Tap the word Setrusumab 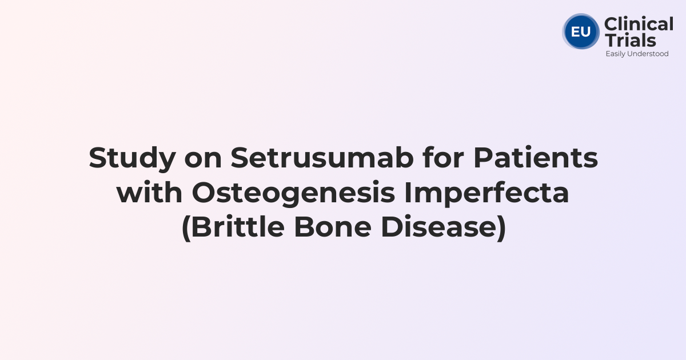pyautogui.click(x=322, y=158)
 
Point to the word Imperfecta pyautogui.click(x=487, y=193)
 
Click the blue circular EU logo pyautogui.click(x=581, y=31)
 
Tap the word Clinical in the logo pyautogui.click(x=639, y=24)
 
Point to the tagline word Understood pyautogui.click(x=649, y=54)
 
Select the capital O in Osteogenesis pyautogui.click(x=202, y=193)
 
